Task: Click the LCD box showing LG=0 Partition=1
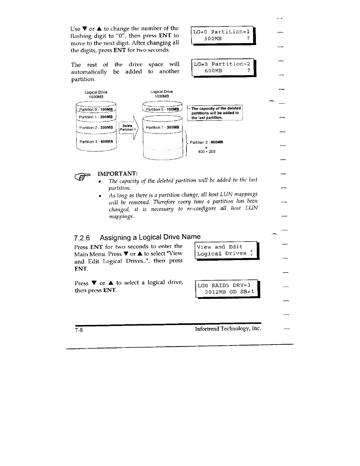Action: pos(222,35)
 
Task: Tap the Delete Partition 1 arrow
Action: pos(128,128)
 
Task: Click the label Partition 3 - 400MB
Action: pos(96,142)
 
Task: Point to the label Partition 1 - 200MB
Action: pos(96,117)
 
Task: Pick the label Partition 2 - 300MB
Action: pos(96,128)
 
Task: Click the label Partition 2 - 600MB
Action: pos(206,142)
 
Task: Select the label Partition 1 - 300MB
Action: pos(162,128)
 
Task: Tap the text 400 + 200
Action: pos(207,152)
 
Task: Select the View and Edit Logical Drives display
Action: pos(226,250)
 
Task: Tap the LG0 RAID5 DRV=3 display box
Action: pos(226,289)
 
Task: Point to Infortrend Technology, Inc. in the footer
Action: pos(228,329)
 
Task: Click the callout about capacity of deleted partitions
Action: pos(215,113)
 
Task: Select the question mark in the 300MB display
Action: pos(248,38)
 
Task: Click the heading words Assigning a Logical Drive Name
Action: pos(150,237)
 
